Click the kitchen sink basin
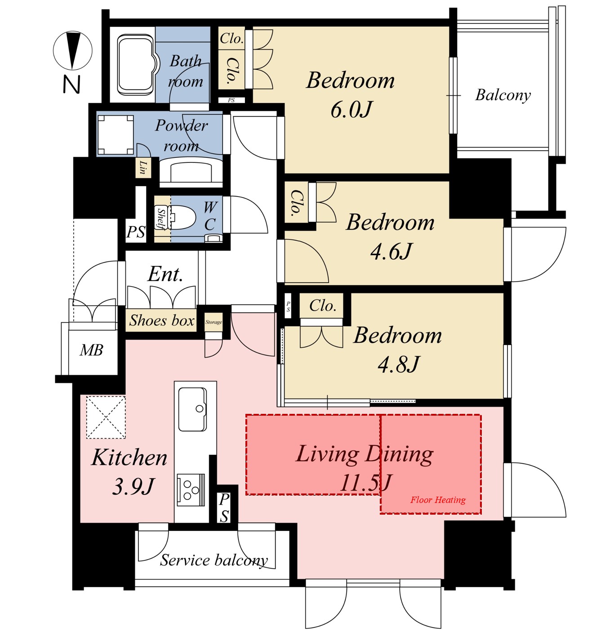pyautogui.click(x=192, y=409)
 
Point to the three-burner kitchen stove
pyautogui.click(x=191, y=490)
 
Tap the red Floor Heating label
pyautogui.click(x=438, y=500)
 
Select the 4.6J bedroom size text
pyautogui.click(x=391, y=251)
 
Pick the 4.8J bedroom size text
pyautogui.click(x=398, y=364)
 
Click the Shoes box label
pyautogui.click(x=161, y=320)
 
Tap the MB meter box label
pyautogui.click(x=91, y=350)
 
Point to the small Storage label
pyautogui.click(x=213, y=322)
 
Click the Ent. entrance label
pyautogui.click(x=165, y=274)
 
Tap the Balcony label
pyautogui.click(x=503, y=95)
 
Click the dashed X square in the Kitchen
pyautogui.click(x=106, y=417)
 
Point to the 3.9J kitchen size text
pyautogui.click(x=133, y=486)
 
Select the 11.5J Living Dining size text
pyautogui.click(x=365, y=482)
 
